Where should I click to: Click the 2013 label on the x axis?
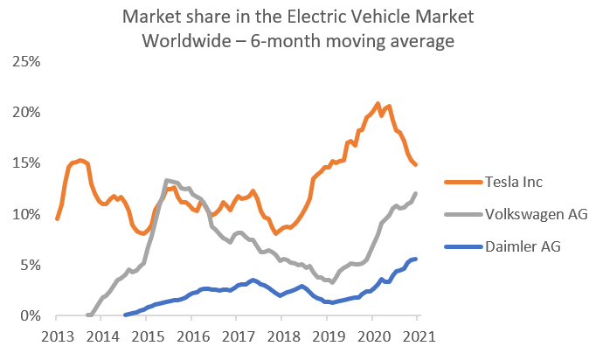(57, 336)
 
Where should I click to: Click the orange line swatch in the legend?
(459, 182)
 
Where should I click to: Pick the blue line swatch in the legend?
(459, 246)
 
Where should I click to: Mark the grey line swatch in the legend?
(459, 214)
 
